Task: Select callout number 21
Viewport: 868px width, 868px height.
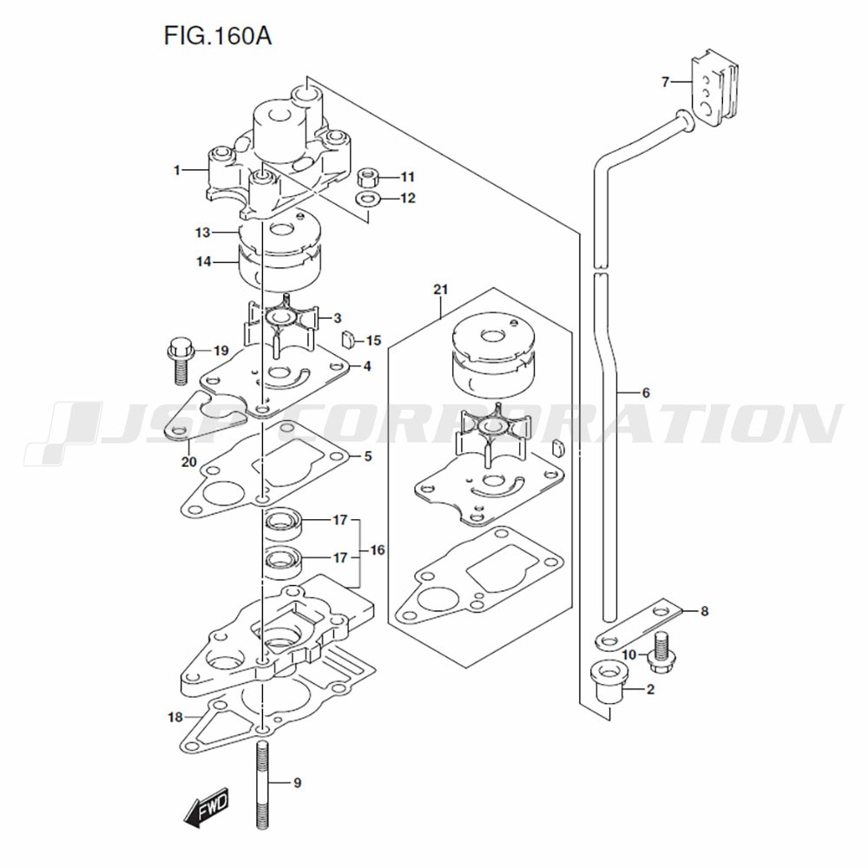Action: click(x=440, y=289)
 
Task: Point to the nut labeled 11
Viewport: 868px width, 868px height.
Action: click(x=367, y=177)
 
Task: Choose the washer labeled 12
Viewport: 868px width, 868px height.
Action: click(x=367, y=201)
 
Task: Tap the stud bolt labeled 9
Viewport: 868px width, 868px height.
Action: click(x=264, y=786)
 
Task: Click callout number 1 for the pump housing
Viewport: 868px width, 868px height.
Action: click(x=177, y=170)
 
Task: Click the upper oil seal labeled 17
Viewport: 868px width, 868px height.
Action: click(x=282, y=523)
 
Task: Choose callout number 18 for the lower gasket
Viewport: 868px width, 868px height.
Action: click(x=174, y=717)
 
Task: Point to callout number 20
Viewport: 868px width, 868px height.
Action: click(x=189, y=461)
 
